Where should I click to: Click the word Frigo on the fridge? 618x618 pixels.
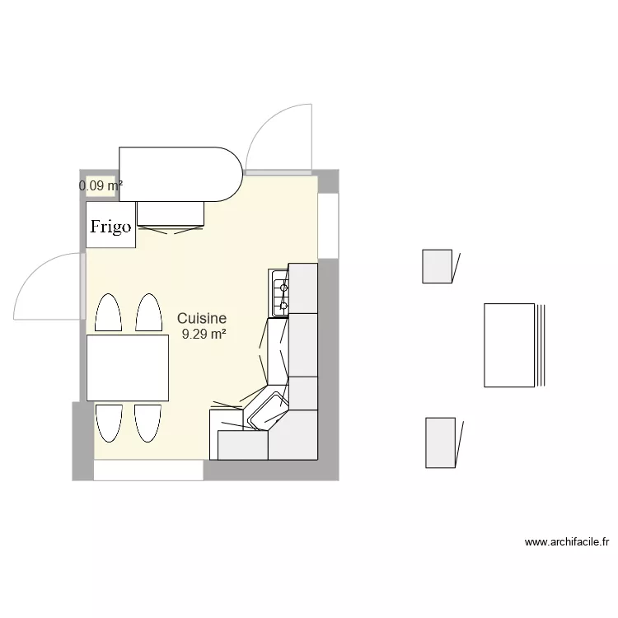[x=110, y=227]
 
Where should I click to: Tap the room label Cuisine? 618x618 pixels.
[x=202, y=318]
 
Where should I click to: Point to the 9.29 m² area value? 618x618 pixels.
[x=204, y=334]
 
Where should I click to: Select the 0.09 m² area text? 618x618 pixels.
[x=101, y=186]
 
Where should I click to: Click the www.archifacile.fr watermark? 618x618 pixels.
[x=567, y=542]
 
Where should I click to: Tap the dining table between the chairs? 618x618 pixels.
[x=128, y=368]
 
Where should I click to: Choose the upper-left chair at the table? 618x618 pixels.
[x=108, y=314]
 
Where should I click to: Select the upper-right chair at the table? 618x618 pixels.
[x=148, y=314]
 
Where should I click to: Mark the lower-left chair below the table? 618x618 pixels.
[x=108, y=424]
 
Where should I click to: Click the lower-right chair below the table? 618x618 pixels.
[x=147, y=424]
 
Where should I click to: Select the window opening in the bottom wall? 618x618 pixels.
[x=147, y=470]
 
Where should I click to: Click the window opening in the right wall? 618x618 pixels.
[x=328, y=225]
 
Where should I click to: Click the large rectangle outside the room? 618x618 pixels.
[x=509, y=345]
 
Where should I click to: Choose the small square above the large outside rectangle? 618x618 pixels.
[x=438, y=266]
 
